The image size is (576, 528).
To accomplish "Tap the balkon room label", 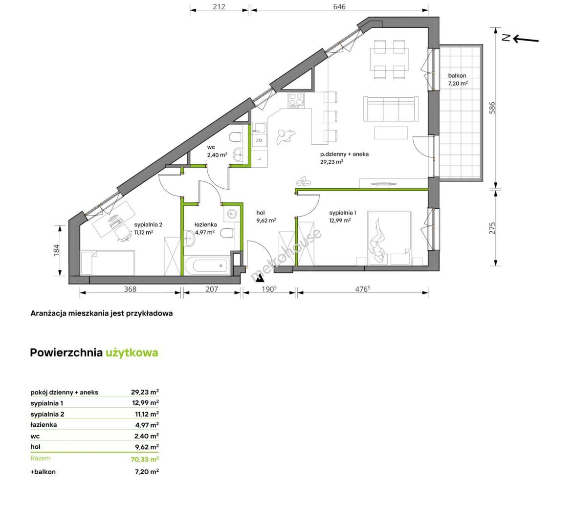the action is (457, 79).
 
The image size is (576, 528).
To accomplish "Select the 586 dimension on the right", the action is (492, 108).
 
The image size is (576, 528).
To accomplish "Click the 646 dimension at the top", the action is (339, 7).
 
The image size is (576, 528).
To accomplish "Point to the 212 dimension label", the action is (219, 7).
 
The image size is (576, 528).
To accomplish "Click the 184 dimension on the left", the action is (56, 250).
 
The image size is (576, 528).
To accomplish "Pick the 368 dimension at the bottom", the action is (130, 289).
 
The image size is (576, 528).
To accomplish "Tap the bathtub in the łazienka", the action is (206, 265).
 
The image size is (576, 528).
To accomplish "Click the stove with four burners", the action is (296, 100).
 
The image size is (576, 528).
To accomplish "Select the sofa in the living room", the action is (391, 109).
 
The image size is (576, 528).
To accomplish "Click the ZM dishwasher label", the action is (259, 140).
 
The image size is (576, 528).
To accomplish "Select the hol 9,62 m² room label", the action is (266, 217).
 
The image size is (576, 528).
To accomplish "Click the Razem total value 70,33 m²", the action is (145, 459).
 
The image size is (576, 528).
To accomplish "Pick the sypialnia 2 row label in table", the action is (47, 414).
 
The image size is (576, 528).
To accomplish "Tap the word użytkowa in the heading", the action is (132, 352).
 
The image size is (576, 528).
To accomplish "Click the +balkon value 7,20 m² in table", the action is (147, 471).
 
